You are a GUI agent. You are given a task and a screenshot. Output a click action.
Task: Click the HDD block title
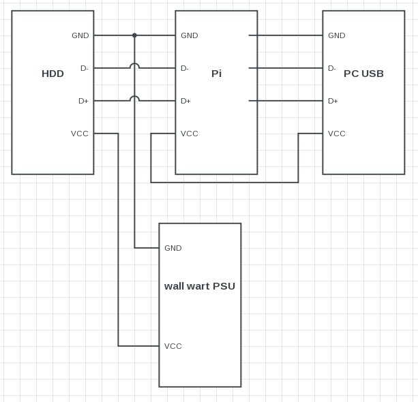[x=53, y=74]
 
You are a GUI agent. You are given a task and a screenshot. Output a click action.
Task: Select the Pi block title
[x=216, y=74]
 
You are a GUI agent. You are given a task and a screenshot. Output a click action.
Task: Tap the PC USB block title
[x=363, y=74]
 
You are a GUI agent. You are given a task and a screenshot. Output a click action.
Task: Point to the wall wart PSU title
[x=200, y=286]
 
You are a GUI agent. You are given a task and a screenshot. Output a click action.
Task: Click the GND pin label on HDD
[x=80, y=35]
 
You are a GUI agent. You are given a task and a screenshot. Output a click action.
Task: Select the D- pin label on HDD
[x=84, y=68]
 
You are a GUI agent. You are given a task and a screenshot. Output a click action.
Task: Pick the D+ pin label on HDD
[x=83, y=101]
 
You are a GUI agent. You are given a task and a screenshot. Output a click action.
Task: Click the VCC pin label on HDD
[x=80, y=134]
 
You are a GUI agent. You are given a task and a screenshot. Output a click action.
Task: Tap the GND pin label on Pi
[x=190, y=35]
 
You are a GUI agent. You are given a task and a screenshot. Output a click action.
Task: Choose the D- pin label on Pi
[x=185, y=68]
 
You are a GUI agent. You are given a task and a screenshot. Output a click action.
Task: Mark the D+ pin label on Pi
[x=185, y=101]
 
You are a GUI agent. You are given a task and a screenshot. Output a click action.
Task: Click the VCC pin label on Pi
[x=190, y=134]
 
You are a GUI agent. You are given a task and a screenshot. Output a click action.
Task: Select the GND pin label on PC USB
[x=337, y=35]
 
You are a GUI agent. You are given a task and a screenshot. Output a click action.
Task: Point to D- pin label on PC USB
[x=332, y=68]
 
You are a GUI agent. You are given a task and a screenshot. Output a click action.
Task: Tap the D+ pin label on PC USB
[x=333, y=101]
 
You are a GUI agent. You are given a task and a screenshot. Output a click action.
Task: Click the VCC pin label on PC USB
[x=337, y=134]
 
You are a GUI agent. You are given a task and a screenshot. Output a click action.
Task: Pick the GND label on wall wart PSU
[x=173, y=248]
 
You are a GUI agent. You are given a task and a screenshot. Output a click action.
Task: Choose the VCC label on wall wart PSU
[x=173, y=346]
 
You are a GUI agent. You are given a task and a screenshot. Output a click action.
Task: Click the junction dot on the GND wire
[x=134, y=35]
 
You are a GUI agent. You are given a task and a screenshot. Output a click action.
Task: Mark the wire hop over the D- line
[x=134, y=66]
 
